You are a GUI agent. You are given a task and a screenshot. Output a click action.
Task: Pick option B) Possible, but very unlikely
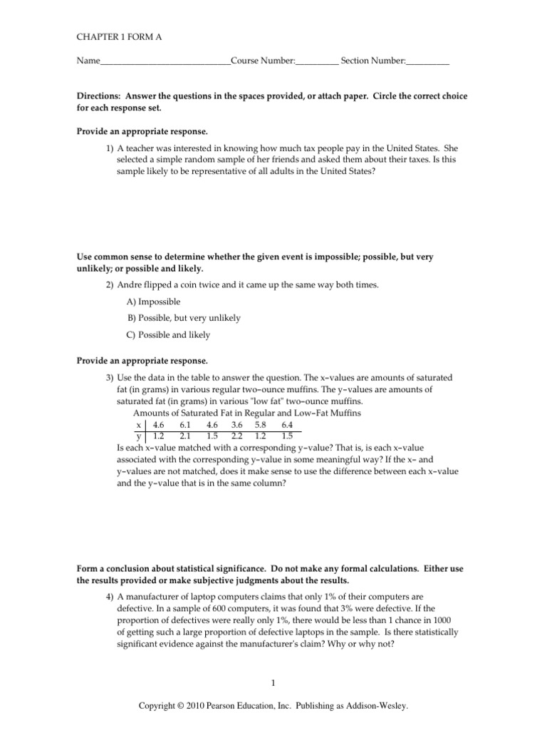coord(184,318)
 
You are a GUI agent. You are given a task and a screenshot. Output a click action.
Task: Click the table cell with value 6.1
coord(187,423)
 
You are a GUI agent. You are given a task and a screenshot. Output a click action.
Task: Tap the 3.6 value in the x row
coord(236,423)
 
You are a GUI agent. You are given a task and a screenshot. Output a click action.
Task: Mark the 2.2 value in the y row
coord(236,435)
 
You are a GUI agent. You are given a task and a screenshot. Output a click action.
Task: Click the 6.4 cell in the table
coord(287,423)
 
